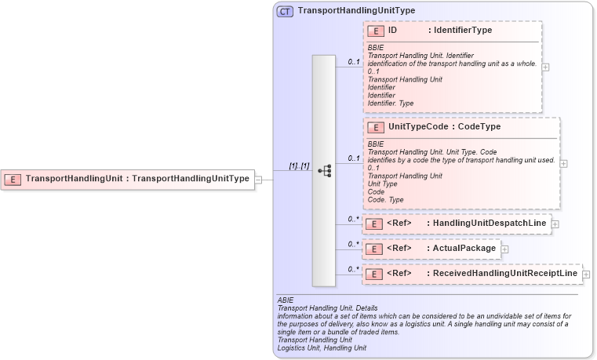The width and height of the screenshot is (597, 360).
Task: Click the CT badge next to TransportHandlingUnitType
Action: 285,11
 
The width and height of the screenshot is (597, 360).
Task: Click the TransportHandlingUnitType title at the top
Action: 345,11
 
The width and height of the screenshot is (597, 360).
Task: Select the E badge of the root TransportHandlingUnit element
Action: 13,179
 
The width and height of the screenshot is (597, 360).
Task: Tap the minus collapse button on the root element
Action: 258,179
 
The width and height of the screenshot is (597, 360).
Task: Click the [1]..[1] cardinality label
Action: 299,165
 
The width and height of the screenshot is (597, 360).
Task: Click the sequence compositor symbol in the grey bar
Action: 324,171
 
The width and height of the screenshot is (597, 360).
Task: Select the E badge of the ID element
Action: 376,31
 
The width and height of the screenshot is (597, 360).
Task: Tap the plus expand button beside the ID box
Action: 545,67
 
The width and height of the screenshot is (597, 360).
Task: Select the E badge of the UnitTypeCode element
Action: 376,127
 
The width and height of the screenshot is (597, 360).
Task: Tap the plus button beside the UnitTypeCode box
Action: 564,163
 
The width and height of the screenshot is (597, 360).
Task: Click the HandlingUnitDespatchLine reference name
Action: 490,224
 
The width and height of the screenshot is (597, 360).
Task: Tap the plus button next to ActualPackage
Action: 504,249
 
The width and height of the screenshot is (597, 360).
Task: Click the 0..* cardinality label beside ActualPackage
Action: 353,244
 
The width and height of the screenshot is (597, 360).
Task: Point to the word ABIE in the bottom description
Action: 286,300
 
